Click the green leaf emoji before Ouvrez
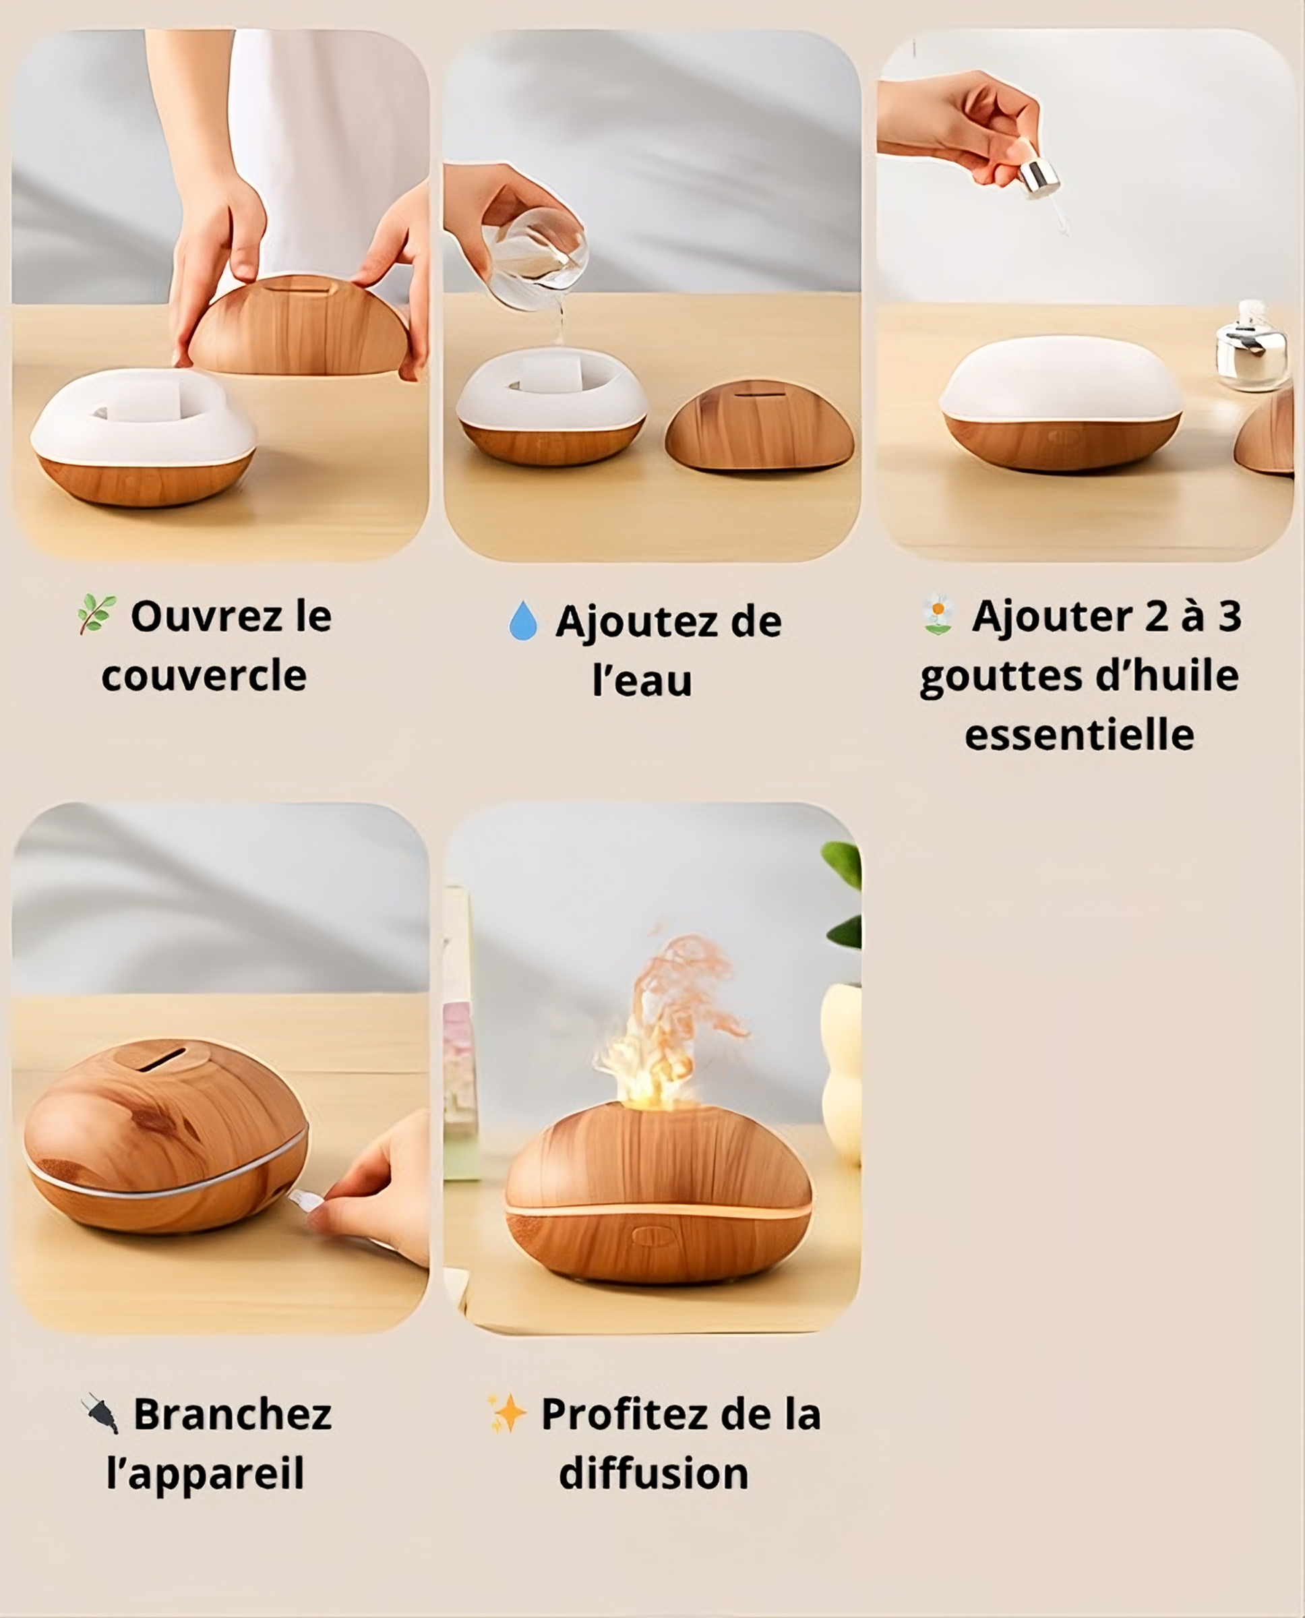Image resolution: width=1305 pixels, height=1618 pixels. click(x=97, y=613)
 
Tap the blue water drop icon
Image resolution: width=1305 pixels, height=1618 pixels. click(x=523, y=620)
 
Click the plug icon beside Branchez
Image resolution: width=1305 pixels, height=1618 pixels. click(x=100, y=1414)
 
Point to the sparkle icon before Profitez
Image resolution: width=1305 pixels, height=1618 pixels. click(x=508, y=1414)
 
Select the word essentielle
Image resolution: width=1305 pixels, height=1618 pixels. click(x=1079, y=735)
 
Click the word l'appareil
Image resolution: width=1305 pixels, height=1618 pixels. click(x=205, y=1474)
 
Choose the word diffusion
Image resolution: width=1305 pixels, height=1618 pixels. click(x=654, y=1473)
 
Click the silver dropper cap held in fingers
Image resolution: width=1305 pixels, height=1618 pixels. click(x=1039, y=178)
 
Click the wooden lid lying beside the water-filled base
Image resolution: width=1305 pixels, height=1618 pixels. click(x=759, y=425)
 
